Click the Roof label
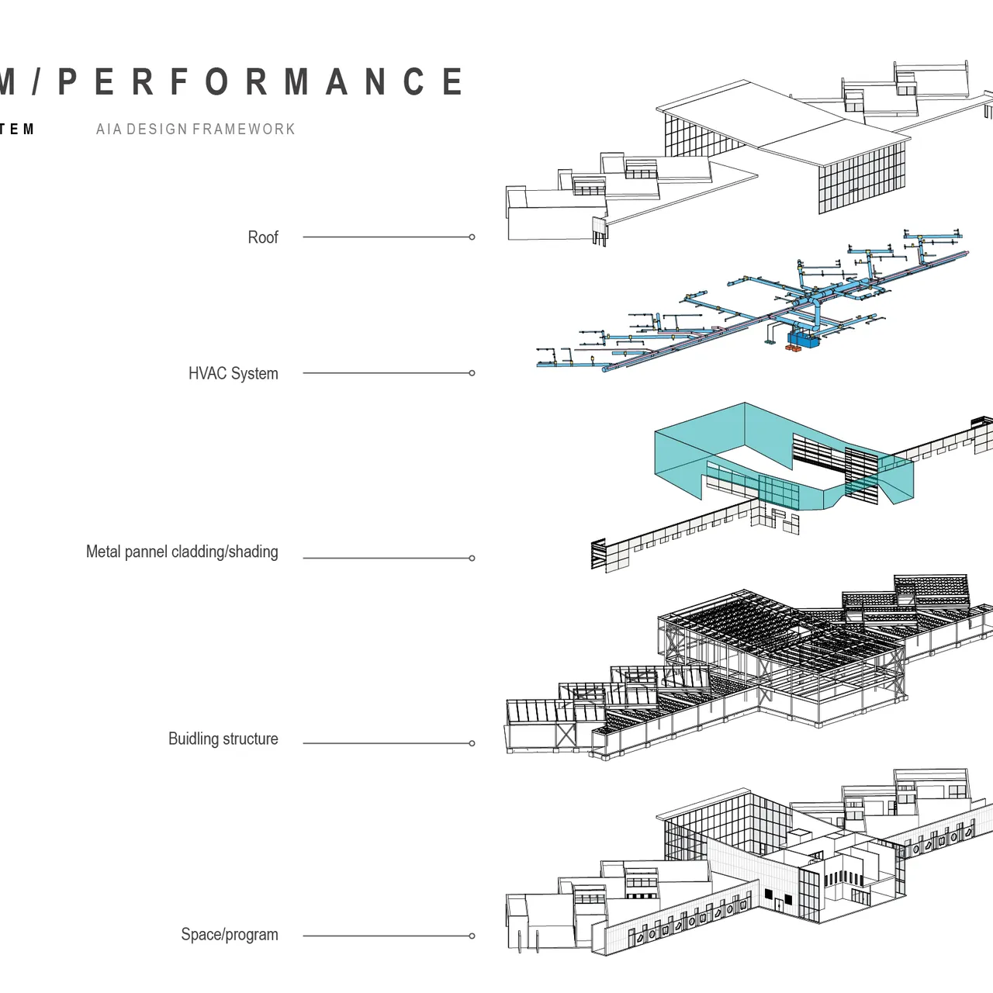point(262,237)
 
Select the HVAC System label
point(233,373)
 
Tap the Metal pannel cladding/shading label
point(182,552)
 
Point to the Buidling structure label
point(223,739)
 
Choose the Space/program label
point(229,934)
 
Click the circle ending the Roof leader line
point(472,237)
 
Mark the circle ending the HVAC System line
point(472,373)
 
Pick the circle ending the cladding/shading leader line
point(472,558)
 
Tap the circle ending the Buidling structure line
point(472,743)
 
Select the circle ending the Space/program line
point(472,936)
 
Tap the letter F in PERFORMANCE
point(179,82)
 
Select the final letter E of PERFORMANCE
point(452,82)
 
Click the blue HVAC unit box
point(804,339)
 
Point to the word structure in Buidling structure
point(250,739)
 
